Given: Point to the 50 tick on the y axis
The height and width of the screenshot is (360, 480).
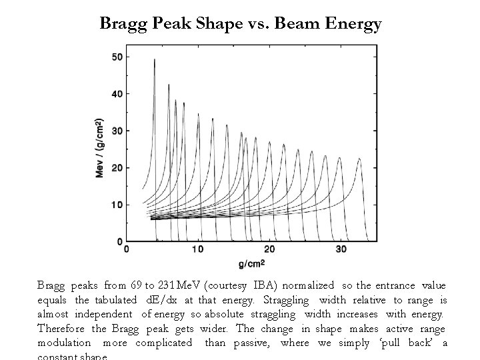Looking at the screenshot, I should pyautogui.click(x=116, y=57).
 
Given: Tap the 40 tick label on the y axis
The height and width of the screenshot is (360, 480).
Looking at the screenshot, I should pyautogui.click(x=116, y=94).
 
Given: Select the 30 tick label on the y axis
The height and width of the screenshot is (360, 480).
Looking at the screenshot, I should pyautogui.click(x=116, y=131).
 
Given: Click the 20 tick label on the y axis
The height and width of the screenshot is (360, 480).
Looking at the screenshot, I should pyautogui.click(x=116, y=168).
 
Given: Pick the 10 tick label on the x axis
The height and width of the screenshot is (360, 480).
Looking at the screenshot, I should pyautogui.click(x=197, y=249).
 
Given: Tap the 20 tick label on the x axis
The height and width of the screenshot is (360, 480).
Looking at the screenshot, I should pyautogui.click(x=269, y=249).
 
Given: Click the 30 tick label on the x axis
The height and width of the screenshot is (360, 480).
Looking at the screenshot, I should pyautogui.click(x=341, y=249).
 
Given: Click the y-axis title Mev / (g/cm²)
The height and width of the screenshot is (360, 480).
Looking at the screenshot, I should pyautogui.click(x=99, y=148).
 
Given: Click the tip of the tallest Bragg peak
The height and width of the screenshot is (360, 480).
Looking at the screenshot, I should pyautogui.click(x=155, y=59).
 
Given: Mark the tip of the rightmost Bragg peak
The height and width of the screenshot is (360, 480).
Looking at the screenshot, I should pyautogui.click(x=360, y=159).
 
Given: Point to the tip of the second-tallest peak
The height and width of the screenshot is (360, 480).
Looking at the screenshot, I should pyautogui.click(x=169, y=85).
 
